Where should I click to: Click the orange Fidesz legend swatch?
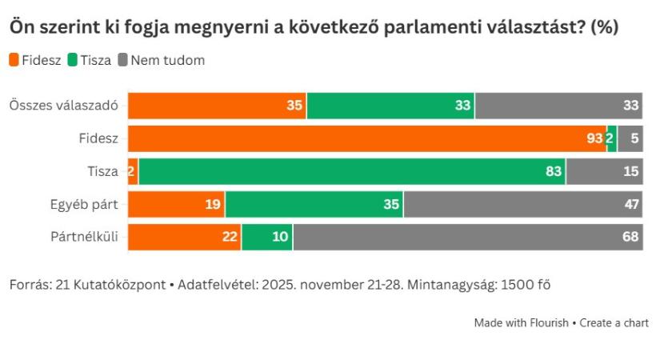click(x=13, y=60)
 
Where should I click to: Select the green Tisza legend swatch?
click(x=72, y=60)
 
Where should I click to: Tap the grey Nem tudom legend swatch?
click(x=123, y=60)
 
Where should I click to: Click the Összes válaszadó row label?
click(x=63, y=106)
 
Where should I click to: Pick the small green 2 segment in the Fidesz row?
click(x=611, y=138)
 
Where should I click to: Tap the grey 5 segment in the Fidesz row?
click(x=630, y=138)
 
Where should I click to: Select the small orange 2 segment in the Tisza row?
click(x=133, y=171)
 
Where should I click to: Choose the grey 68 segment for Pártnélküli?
click(x=467, y=237)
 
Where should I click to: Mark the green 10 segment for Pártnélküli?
click(x=267, y=237)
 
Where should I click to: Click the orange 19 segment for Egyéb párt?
click(x=176, y=204)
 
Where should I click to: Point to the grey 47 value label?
click(x=631, y=204)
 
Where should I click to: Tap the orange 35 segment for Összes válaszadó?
click(x=217, y=106)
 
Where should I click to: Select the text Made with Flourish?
click(x=521, y=323)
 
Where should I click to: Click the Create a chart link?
click(x=614, y=323)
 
